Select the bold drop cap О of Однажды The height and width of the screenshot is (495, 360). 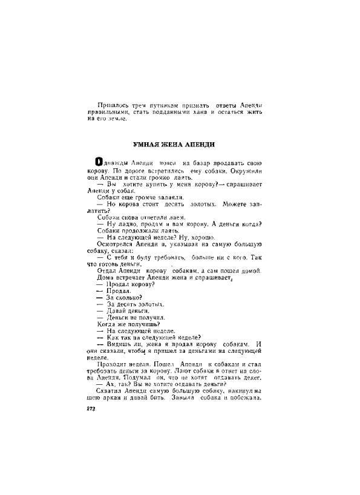tap(91, 163)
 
